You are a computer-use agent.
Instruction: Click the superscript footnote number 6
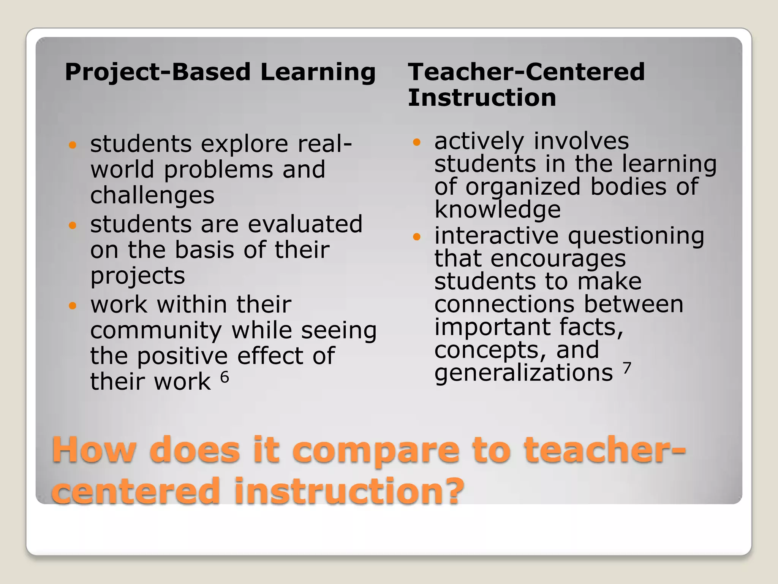[x=225, y=377]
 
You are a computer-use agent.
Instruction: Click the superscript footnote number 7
[x=627, y=368]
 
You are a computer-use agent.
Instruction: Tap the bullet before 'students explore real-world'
[x=73, y=145]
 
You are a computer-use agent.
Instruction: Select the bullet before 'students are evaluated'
[x=73, y=225]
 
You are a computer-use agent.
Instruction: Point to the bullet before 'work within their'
[x=73, y=305]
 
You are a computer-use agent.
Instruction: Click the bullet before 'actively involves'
[x=417, y=143]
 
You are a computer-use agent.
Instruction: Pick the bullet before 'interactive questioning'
[x=417, y=237]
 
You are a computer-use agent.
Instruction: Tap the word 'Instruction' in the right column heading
[x=482, y=97]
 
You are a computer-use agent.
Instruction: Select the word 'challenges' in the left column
[x=152, y=195]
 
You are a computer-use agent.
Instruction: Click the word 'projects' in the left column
[x=138, y=276]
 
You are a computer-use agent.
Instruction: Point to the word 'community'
[x=156, y=330]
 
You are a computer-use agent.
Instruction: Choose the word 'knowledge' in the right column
[x=497, y=209]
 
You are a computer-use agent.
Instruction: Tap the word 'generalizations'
[x=523, y=373]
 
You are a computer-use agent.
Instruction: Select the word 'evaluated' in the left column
[x=305, y=224]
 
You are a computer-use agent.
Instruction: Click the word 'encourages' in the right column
[x=558, y=259]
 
